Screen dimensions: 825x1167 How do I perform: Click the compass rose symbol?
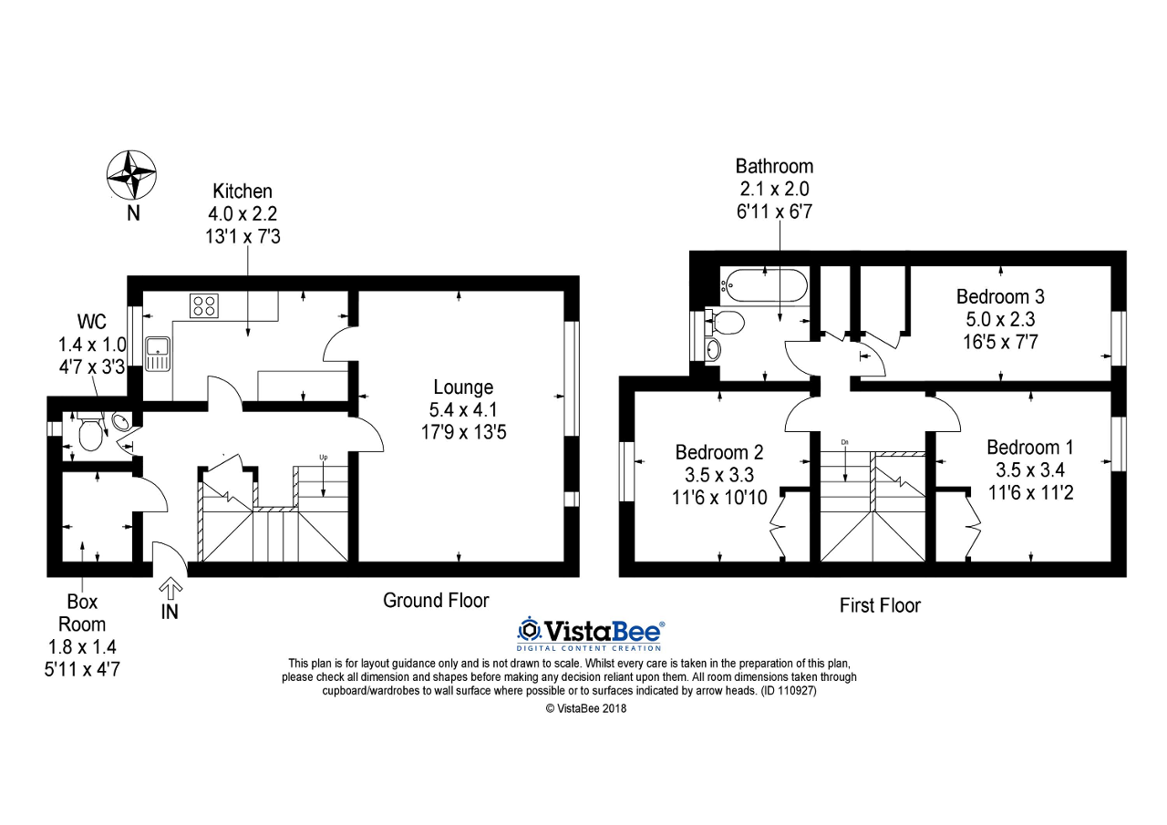pyautogui.click(x=133, y=174)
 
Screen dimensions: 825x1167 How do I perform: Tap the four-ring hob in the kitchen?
pyautogui.click(x=204, y=305)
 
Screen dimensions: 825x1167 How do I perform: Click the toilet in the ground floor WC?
pyautogui.click(x=90, y=433)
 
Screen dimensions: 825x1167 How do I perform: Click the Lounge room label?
pyautogui.click(x=463, y=387)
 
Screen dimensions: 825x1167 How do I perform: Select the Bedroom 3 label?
pyautogui.click(x=1000, y=296)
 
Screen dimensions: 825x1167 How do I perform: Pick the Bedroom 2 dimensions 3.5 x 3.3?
pyautogui.click(x=719, y=475)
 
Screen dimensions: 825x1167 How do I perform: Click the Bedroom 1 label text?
pyautogui.click(x=1030, y=448)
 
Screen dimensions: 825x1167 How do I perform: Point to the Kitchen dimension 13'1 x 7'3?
pyautogui.click(x=243, y=235)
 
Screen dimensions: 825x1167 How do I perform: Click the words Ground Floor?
pyautogui.click(x=436, y=600)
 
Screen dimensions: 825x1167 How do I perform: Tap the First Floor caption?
pyautogui.click(x=880, y=605)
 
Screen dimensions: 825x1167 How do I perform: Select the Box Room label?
pyautogui.click(x=82, y=613)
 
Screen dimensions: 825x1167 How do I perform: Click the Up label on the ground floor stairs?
pyautogui.click(x=323, y=457)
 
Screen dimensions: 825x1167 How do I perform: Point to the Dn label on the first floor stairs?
pyautogui.click(x=846, y=443)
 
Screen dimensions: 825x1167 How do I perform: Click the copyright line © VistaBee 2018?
pyautogui.click(x=586, y=708)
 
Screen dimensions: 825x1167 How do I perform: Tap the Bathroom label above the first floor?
pyautogui.click(x=774, y=166)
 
